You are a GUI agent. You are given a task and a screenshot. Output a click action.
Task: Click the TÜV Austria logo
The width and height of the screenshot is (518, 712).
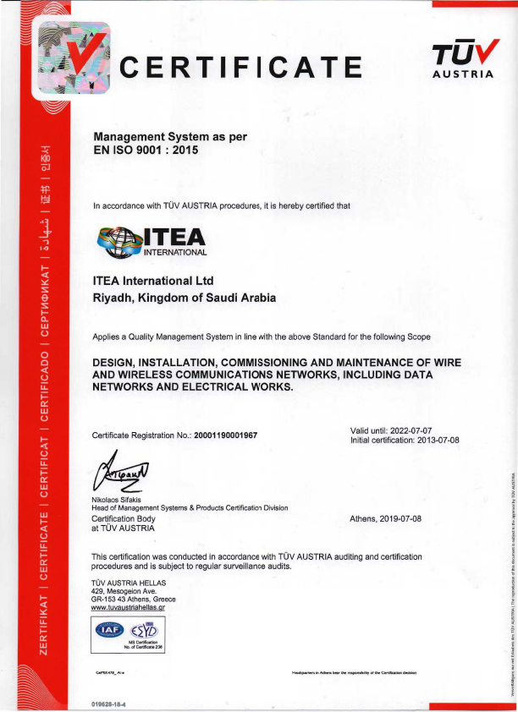coord(463,59)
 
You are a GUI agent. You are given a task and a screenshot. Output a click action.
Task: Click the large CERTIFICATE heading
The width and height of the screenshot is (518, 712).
coord(240,66)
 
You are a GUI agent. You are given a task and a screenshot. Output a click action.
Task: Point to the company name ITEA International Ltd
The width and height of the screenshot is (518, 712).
coord(152,281)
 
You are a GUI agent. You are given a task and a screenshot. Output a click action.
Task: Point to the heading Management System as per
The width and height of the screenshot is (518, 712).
coord(169,135)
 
